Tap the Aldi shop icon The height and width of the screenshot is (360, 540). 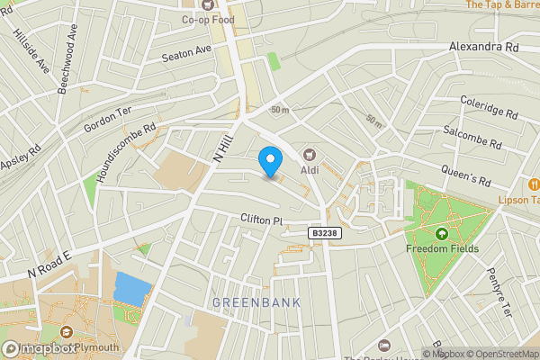click(310, 155)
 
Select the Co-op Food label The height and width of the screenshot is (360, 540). click(208, 20)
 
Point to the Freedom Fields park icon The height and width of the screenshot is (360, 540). click(441, 234)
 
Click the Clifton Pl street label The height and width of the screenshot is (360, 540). click(261, 220)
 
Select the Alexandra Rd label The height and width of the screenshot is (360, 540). click(486, 46)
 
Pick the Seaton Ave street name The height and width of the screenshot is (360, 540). click(185, 55)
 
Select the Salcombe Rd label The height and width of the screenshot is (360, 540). click(472, 138)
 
